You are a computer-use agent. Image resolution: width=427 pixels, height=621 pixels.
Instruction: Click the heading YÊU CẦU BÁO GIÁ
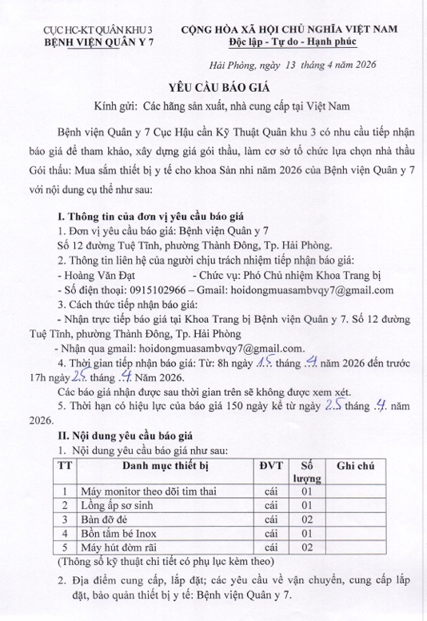[213, 86]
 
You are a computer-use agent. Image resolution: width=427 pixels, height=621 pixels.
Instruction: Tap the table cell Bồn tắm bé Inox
[119, 534]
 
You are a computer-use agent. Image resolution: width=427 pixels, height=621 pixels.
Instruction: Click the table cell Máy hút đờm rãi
[117, 547]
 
